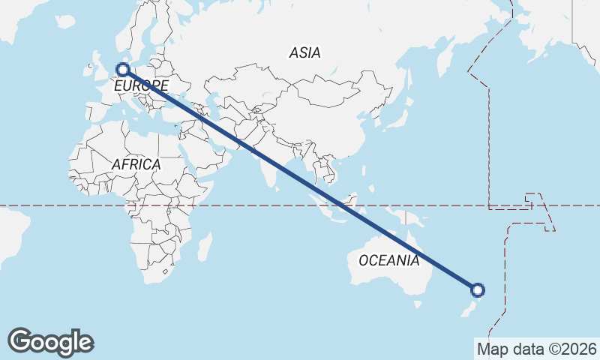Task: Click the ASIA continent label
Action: pos(304,52)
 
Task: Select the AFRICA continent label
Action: pos(136,164)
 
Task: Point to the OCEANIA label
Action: pos(388,261)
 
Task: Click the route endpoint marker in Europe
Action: pos(123,70)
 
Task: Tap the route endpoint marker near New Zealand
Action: pos(478,289)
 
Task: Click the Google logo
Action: pos(50,342)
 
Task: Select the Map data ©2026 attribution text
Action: pos(537,349)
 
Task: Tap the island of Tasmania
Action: pos(416,304)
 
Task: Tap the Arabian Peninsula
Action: pos(210,150)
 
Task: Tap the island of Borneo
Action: pos(355,201)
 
